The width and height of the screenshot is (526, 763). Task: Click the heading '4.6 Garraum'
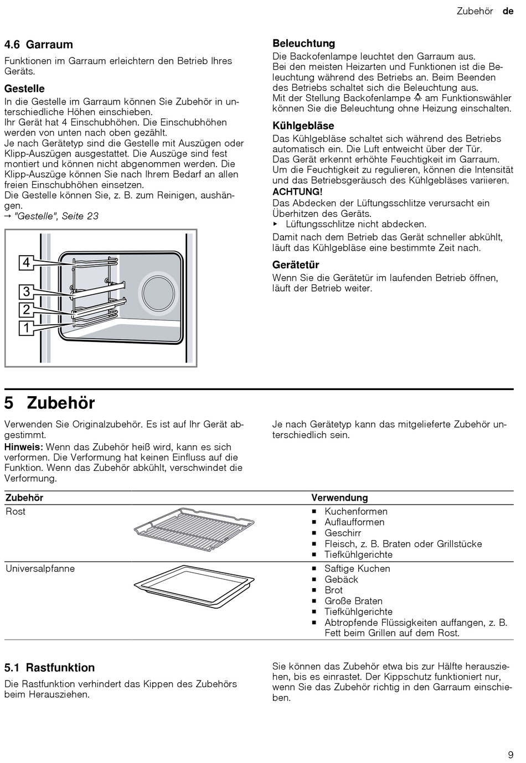coord(39,44)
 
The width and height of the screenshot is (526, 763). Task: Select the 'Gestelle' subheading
coord(24,89)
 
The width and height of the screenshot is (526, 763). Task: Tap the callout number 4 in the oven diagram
coord(26,262)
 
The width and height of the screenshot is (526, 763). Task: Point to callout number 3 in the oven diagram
coord(26,291)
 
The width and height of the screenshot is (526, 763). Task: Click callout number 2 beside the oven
coord(26,309)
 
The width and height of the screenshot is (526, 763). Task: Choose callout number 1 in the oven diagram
coord(26,328)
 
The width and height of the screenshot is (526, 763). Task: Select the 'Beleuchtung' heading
coord(303,43)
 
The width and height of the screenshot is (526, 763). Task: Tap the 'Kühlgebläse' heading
coord(303,126)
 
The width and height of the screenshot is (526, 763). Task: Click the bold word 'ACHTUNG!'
coord(297,191)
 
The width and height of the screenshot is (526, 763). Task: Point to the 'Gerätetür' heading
coord(296,264)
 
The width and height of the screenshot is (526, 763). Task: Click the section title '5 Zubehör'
coord(50,402)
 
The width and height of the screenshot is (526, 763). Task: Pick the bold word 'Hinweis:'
coord(24,447)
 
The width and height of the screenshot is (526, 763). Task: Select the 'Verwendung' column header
coord(339,497)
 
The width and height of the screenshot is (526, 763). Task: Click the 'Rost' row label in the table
coord(16,511)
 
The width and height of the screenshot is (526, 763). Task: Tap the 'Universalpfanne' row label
coord(40,568)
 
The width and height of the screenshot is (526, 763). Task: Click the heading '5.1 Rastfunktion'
coord(50,667)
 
